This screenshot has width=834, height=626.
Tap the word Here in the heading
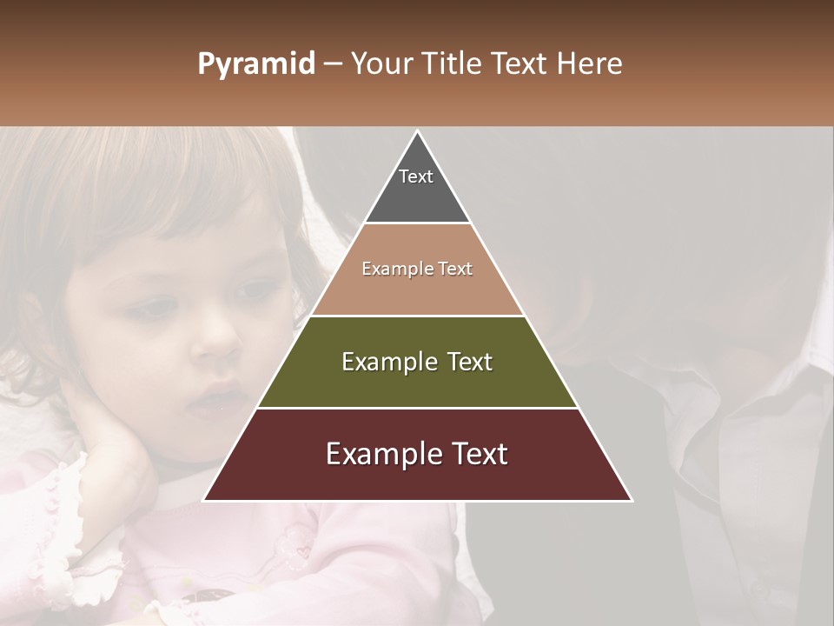pyautogui.click(x=590, y=64)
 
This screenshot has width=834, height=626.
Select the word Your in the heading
pyautogui.click(x=381, y=64)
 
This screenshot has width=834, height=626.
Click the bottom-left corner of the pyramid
pyautogui.click(x=205, y=500)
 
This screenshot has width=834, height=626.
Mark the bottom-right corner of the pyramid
pyautogui.click(x=631, y=500)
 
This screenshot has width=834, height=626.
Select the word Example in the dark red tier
pyautogui.click(x=381, y=454)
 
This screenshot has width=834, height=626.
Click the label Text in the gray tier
pyautogui.click(x=416, y=176)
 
